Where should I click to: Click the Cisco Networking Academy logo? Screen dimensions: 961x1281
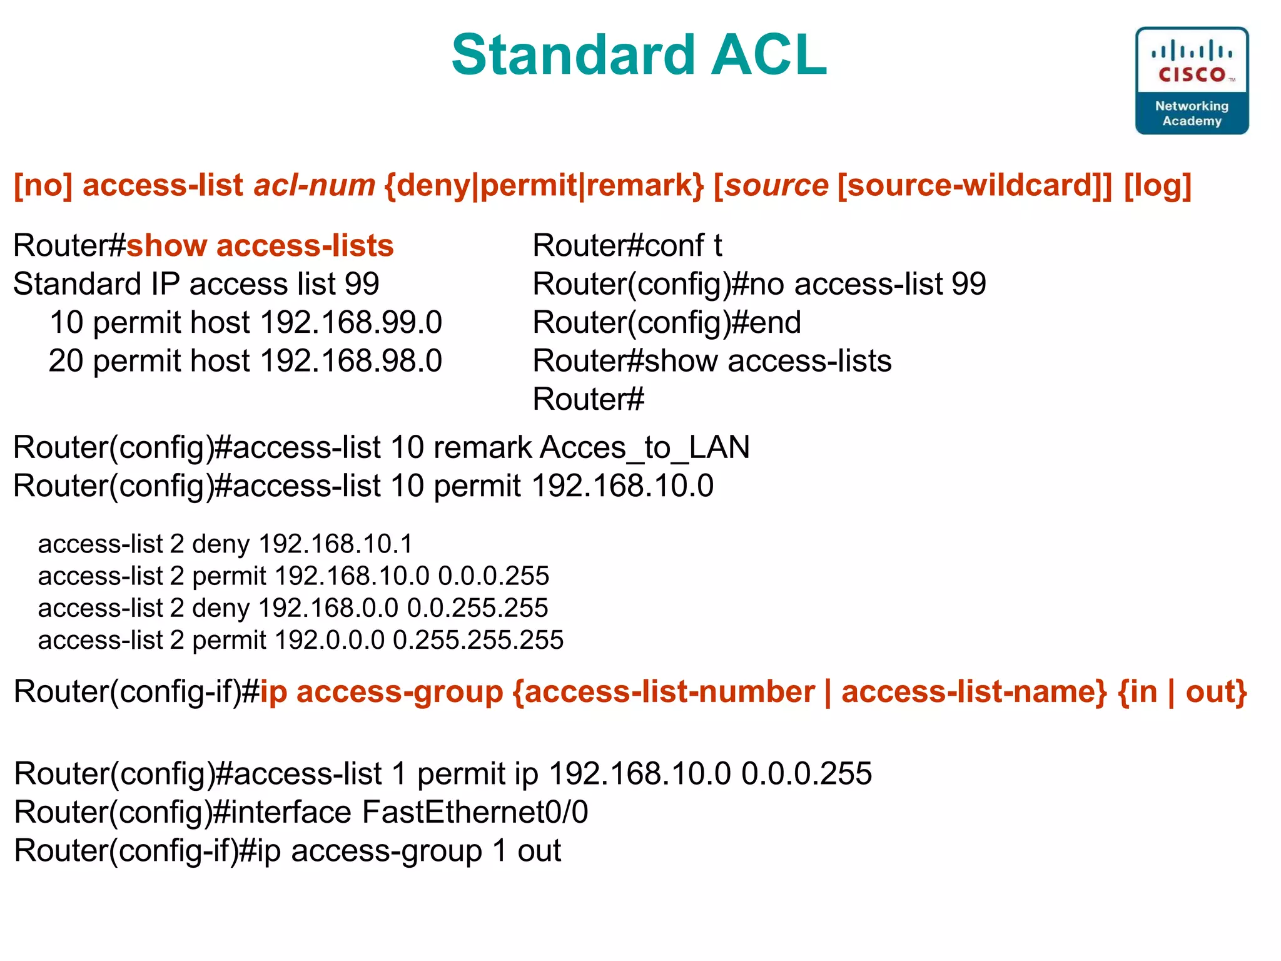[x=1192, y=81]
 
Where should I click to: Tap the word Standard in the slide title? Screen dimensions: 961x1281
[x=573, y=55]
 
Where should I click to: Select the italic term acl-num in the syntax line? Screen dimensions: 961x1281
[x=314, y=185]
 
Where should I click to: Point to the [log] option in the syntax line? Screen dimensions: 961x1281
[x=1157, y=185]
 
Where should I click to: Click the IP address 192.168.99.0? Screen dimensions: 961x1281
[x=351, y=322]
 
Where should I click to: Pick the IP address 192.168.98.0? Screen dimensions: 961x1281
[x=351, y=361]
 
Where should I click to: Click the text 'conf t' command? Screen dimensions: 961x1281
[x=684, y=245]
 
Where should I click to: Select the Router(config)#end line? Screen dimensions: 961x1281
[x=667, y=322]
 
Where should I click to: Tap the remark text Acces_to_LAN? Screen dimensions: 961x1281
[x=644, y=447]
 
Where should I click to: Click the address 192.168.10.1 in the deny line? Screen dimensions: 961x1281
[x=336, y=544]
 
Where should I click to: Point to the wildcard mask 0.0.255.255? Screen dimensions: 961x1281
[x=477, y=608]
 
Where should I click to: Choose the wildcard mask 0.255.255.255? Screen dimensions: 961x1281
[x=478, y=640]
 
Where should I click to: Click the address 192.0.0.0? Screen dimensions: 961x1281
[x=330, y=640]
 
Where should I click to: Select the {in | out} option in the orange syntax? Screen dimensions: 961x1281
[x=1182, y=692]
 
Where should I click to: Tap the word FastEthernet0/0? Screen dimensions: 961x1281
[x=475, y=812]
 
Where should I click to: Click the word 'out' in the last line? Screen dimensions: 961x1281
[x=539, y=851]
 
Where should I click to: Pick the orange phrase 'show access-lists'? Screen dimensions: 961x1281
[x=260, y=245]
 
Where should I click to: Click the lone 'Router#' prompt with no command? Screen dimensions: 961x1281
[x=588, y=399]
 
